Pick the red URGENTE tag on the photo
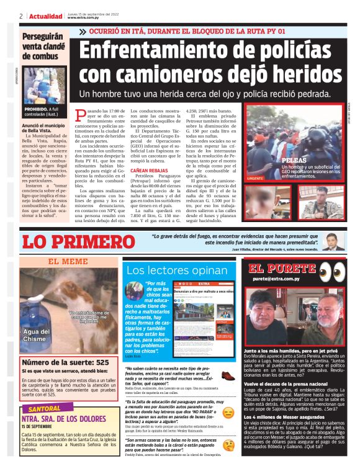256,178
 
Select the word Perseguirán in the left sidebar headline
45,37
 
